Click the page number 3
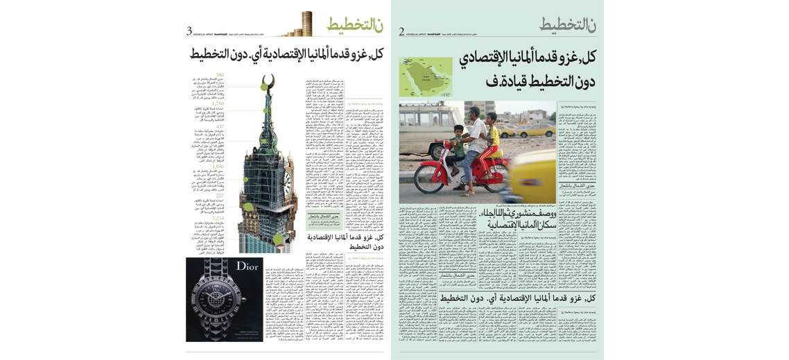coord(189,31)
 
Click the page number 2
coord(401,31)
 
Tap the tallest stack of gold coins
coord(307,23)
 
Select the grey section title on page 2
coord(567,24)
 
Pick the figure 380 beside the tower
coord(219,74)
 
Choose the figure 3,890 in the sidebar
coord(218,166)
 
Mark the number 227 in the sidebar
coord(219,196)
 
